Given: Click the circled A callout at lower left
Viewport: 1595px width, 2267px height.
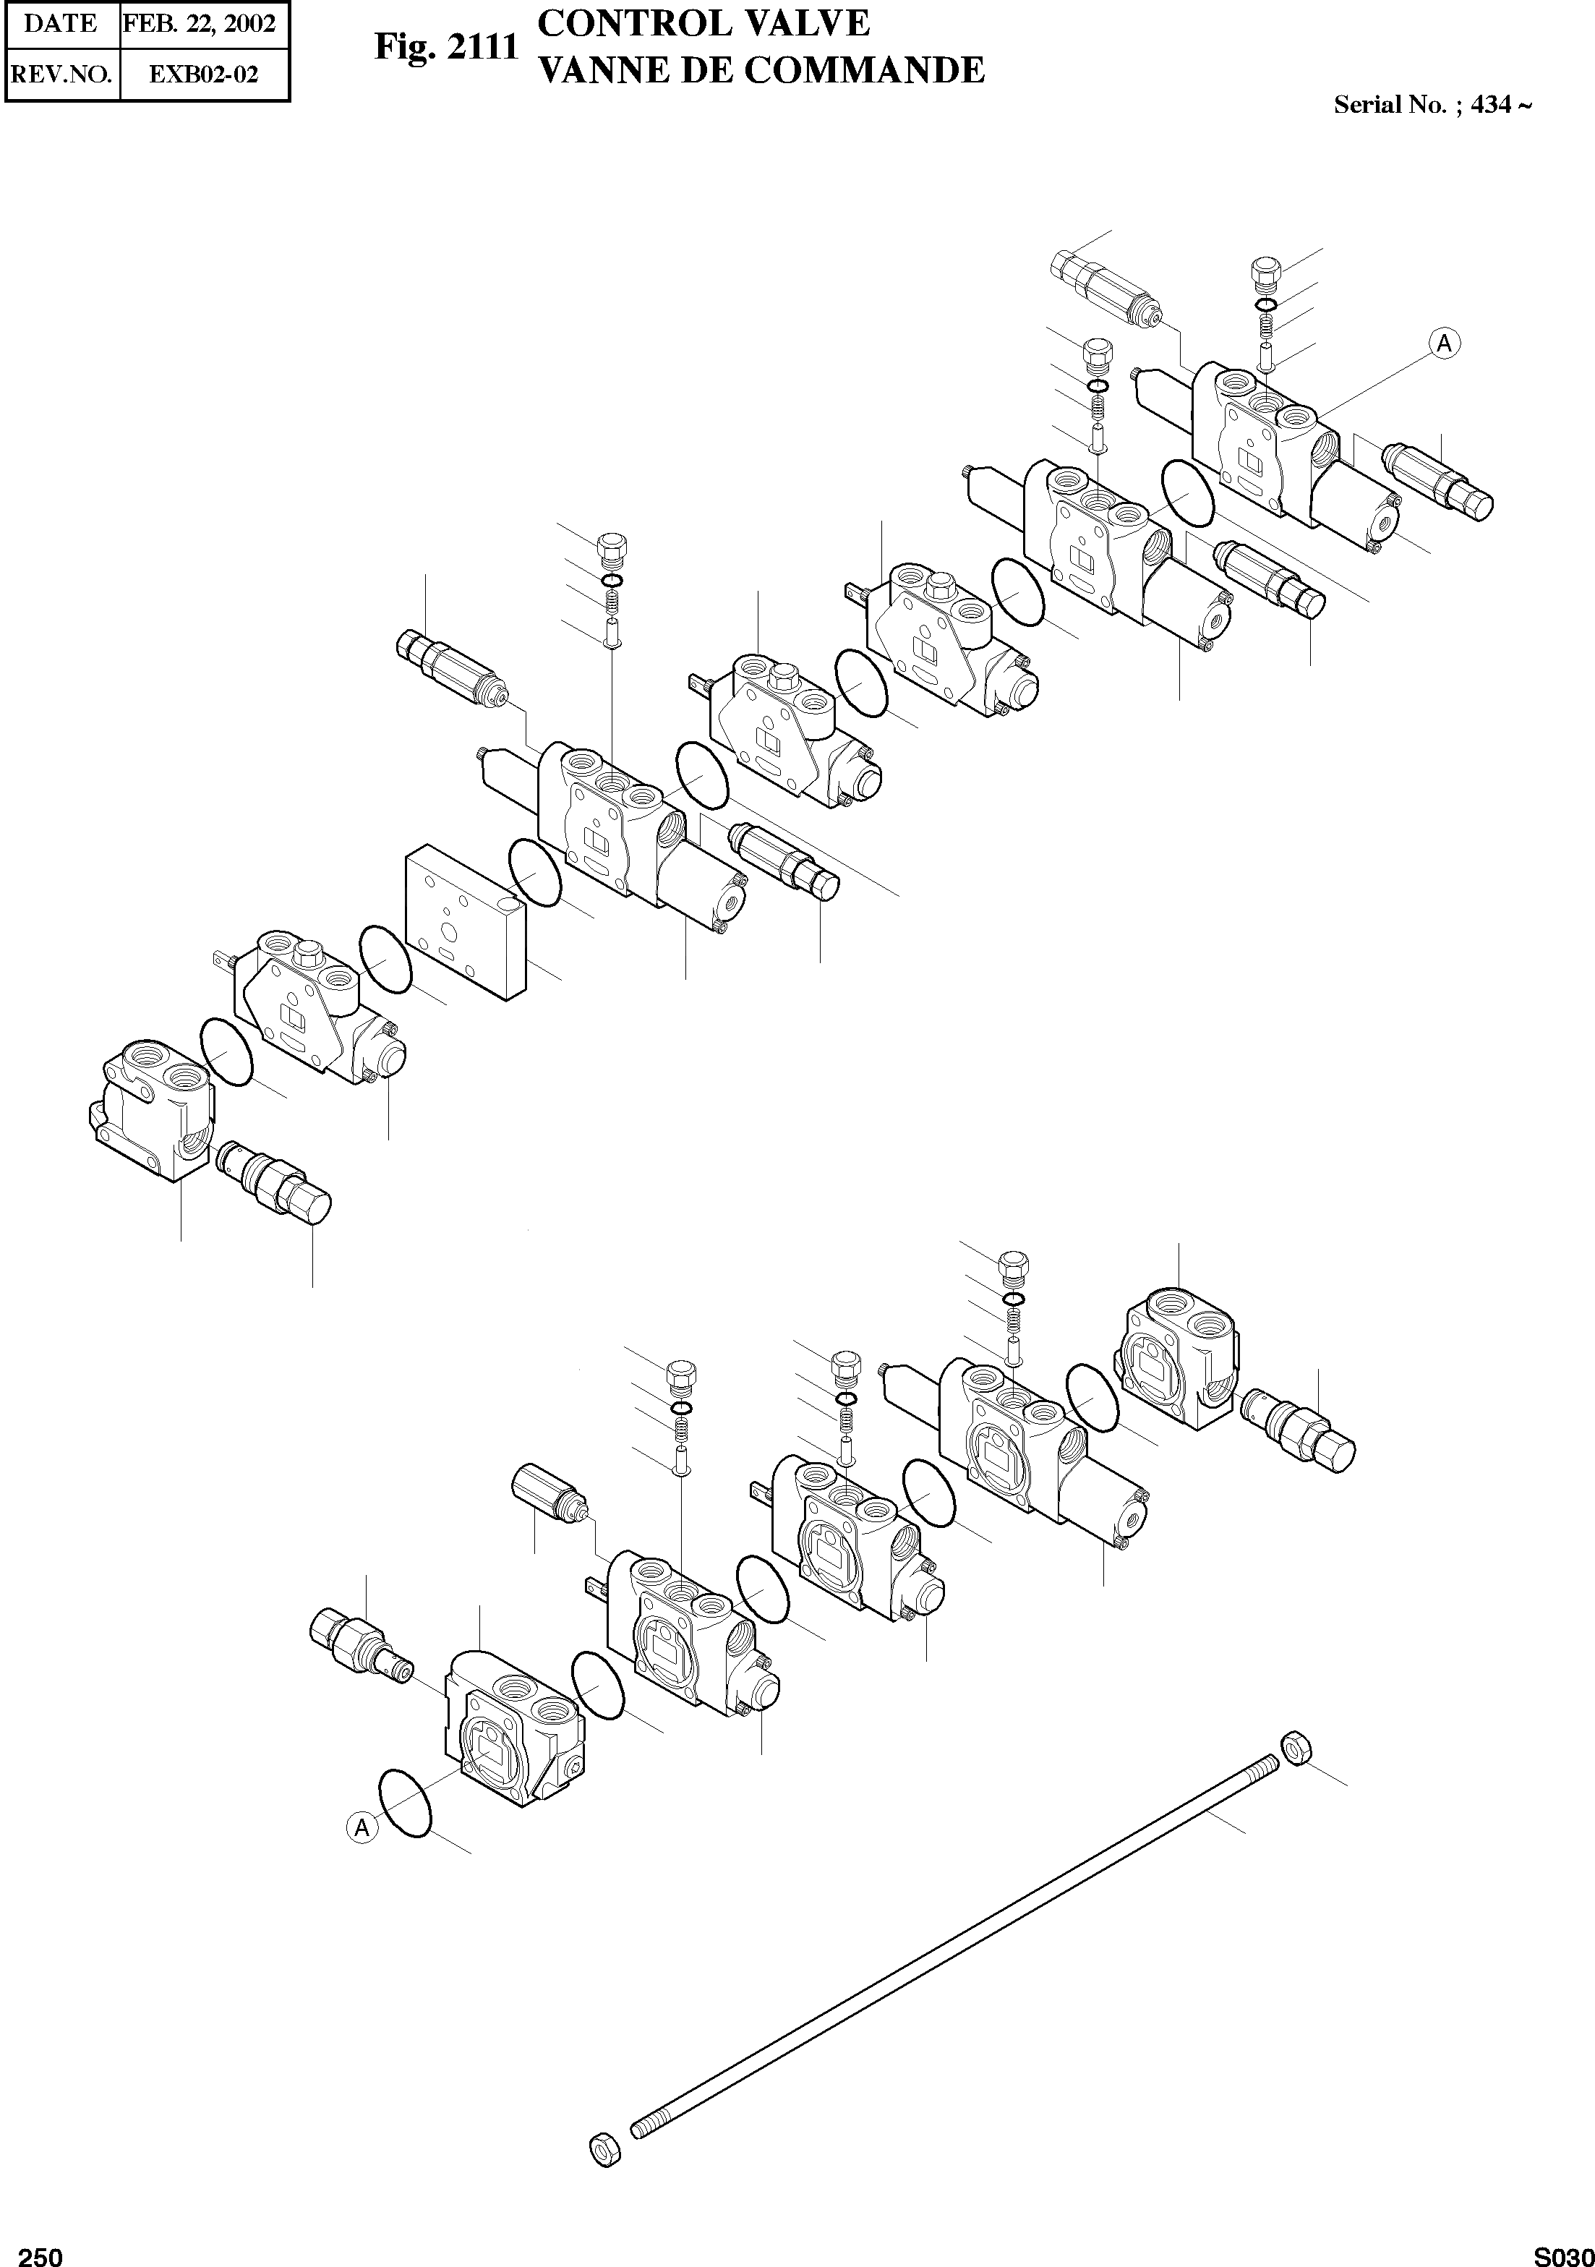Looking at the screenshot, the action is tap(362, 1827).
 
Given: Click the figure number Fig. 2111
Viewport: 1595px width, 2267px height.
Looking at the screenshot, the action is tap(446, 46).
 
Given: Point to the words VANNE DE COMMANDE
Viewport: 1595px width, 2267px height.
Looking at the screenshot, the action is tap(760, 70).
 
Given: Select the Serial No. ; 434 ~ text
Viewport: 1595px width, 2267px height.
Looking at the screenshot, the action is tap(1432, 105).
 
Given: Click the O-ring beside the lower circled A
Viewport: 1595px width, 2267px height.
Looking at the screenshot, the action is tap(406, 1802).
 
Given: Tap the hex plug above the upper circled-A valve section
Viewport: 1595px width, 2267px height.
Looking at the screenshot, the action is tap(1266, 270).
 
